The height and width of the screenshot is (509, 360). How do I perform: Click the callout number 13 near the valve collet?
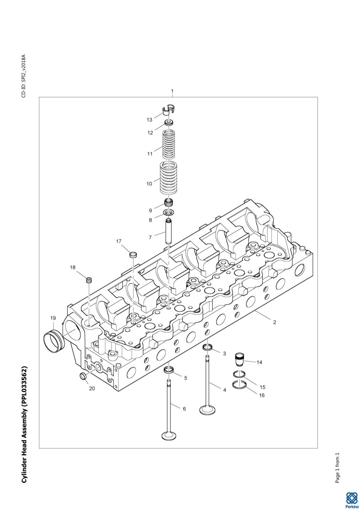pos(149,120)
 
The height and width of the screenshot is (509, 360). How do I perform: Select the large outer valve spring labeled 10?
pos(169,178)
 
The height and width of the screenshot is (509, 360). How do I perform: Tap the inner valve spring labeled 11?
pos(169,145)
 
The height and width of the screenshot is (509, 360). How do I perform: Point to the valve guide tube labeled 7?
pos(169,231)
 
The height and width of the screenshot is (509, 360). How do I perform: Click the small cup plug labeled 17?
pos(133,254)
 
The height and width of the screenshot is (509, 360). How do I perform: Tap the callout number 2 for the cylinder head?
pos(275,322)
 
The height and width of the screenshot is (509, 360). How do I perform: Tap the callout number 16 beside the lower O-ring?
pos(262,395)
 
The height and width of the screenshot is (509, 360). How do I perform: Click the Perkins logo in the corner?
pos(352,500)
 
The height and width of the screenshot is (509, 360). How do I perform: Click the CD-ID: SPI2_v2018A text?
pos(24,76)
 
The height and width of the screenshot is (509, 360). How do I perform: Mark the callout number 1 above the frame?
pos(172,91)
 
